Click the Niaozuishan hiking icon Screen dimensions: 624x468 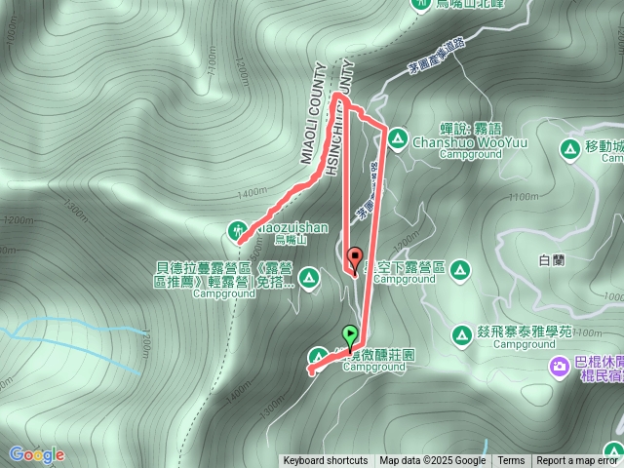[x=238, y=230]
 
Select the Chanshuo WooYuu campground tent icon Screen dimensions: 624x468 [x=397, y=139]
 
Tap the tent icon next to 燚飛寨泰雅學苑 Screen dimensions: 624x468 [x=460, y=334]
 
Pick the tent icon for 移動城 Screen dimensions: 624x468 [x=568, y=149]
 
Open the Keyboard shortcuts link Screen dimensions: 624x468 [x=325, y=461]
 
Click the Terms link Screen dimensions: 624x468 [x=511, y=461]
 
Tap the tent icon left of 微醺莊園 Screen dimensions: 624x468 [x=319, y=356]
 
